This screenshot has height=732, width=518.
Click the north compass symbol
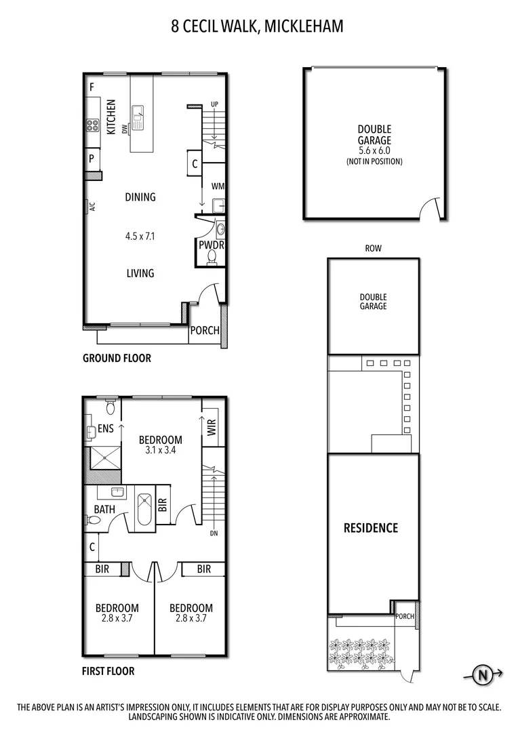(x=483, y=674)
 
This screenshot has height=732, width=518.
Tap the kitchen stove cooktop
(x=92, y=125)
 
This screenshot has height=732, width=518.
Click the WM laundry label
(x=218, y=186)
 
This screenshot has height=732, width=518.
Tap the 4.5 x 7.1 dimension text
(x=140, y=237)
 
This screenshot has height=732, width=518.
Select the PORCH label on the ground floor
(x=204, y=331)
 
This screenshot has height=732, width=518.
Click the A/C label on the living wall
(x=91, y=207)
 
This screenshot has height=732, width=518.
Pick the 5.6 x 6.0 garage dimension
(x=374, y=151)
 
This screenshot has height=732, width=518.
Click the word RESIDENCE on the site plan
(x=370, y=528)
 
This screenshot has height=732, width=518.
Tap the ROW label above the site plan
(x=373, y=249)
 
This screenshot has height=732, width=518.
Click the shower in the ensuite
(x=104, y=457)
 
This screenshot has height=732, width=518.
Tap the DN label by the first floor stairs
(x=213, y=533)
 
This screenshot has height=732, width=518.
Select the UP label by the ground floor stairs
(x=214, y=104)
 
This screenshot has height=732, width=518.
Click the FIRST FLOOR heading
(x=108, y=672)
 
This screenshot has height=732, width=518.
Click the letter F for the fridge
(x=92, y=87)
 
